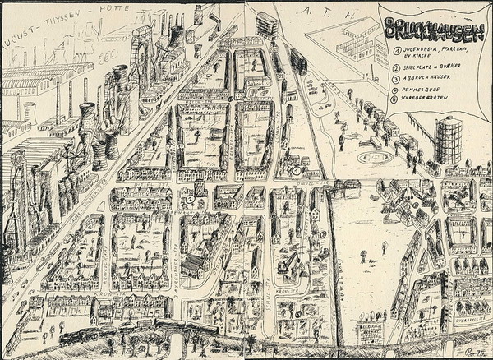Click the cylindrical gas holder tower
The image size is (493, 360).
tap(449, 139)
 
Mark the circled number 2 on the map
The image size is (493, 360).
tap(190, 198)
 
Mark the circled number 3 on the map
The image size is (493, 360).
tap(324, 234)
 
